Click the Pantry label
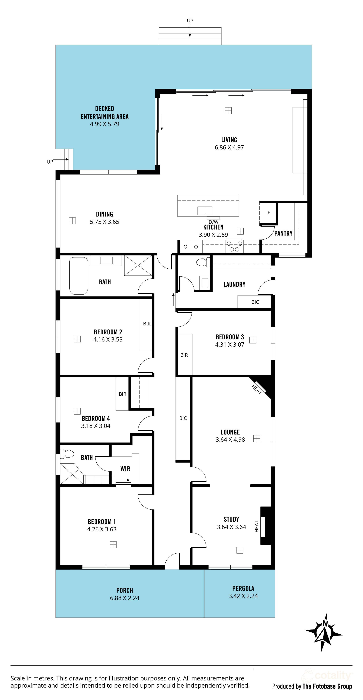pos(283,233)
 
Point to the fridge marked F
pos(269,213)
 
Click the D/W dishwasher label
pos(213,222)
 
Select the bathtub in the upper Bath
pos(79,276)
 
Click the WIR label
pos(125,468)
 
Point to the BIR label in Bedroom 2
pos(147,324)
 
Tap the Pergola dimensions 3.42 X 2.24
pos(243,596)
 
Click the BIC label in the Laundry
pos(255,302)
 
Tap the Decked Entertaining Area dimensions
pos(104,124)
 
